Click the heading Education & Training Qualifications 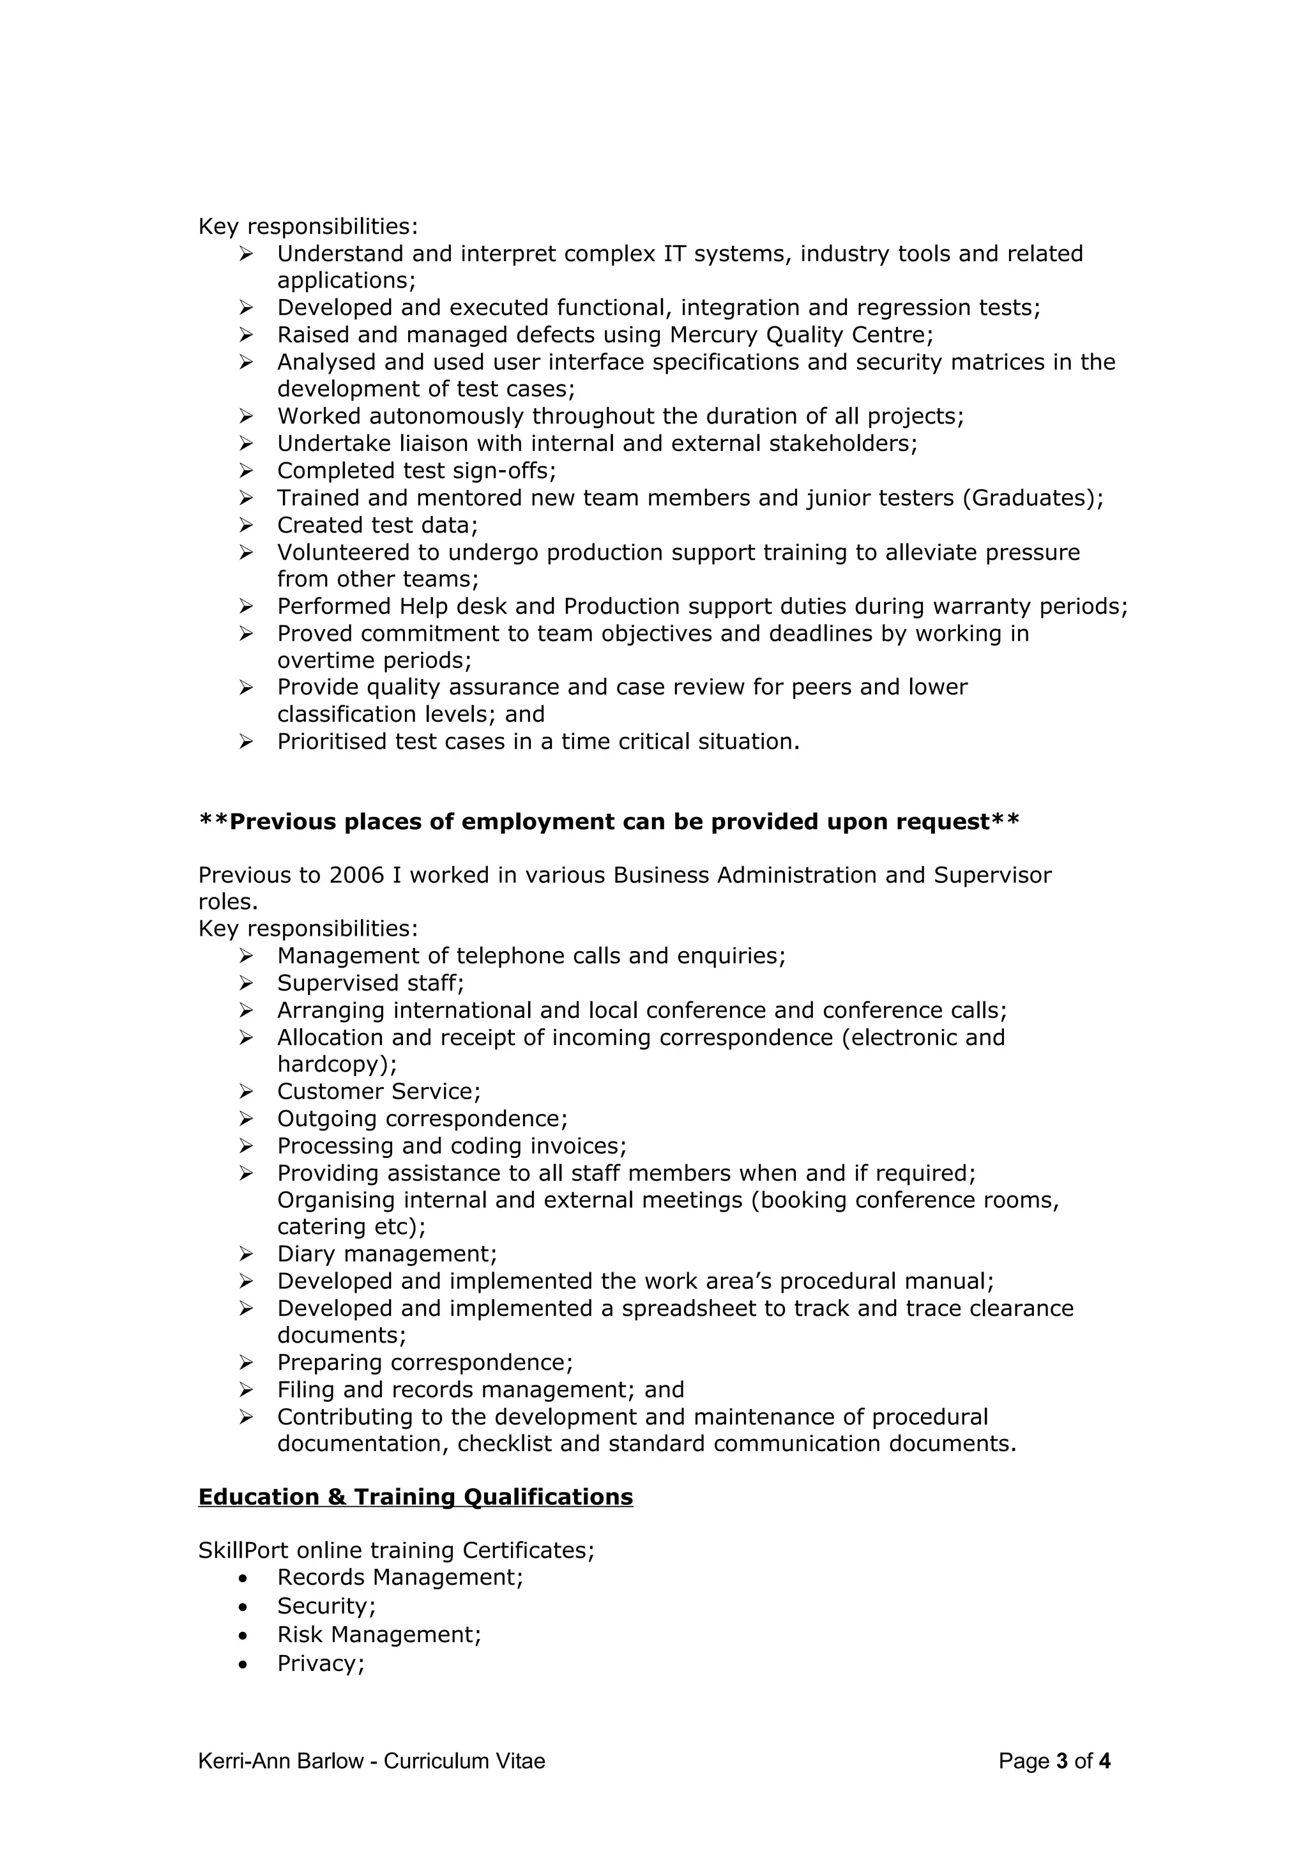click(x=415, y=1497)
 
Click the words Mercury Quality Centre click(x=800, y=335)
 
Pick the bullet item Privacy click(x=320, y=1663)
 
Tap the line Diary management click(x=387, y=1254)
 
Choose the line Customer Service click(x=378, y=1091)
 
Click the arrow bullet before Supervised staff click(x=246, y=983)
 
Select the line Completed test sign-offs click(x=416, y=470)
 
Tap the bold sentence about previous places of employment click(x=609, y=821)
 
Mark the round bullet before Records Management click(x=243, y=1578)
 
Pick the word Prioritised click(x=331, y=741)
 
